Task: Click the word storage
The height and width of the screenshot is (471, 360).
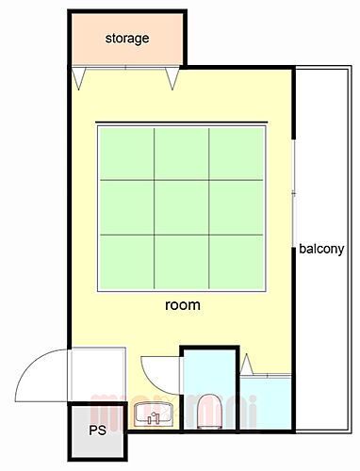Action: tap(126, 39)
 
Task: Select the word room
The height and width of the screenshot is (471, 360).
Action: tap(182, 305)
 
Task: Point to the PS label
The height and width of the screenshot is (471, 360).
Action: tap(97, 432)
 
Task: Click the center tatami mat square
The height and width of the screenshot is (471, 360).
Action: tap(181, 206)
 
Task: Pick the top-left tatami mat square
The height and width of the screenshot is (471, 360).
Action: tap(125, 153)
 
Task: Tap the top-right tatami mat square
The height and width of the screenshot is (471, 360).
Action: tap(236, 153)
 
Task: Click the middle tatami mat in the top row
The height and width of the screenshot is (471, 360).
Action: tap(181, 153)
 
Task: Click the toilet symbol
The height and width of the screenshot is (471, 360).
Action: tap(208, 411)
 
